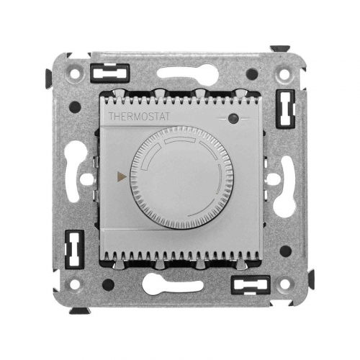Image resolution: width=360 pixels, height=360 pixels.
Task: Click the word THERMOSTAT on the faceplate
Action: pyautogui.click(x=139, y=117)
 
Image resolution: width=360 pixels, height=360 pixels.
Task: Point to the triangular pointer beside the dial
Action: pyautogui.click(x=122, y=176)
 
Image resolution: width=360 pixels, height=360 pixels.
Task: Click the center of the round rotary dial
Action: pyautogui.click(x=181, y=178)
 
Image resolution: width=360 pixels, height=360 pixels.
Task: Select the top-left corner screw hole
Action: pyautogui.click(x=75, y=73)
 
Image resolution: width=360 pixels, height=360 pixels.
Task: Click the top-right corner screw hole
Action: pyautogui.click(x=284, y=73)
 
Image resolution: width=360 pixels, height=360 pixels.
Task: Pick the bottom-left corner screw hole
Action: pyautogui.click(x=75, y=284)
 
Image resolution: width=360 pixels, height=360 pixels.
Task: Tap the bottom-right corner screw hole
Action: pyautogui.click(x=284, y=284)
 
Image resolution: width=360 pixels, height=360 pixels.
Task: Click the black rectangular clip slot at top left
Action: pyautogui.click(x=110, y=73)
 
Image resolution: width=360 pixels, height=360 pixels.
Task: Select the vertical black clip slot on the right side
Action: pyautogui.click(x=286, y=109)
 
